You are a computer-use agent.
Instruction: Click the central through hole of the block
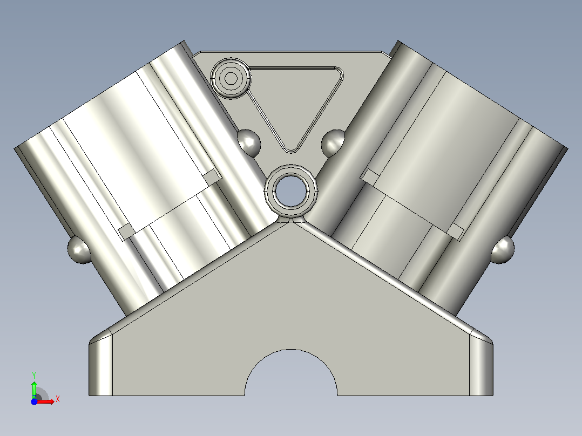point(291,190)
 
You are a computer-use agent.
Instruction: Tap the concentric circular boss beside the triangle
point(231,78)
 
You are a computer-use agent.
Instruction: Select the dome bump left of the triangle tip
point(249,143)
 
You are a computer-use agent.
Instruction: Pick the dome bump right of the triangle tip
point(333,143)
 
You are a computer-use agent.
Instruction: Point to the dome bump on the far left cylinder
point(79,249)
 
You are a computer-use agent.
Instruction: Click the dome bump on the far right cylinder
point(503,249)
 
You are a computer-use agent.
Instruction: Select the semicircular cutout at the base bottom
point(291,372)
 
